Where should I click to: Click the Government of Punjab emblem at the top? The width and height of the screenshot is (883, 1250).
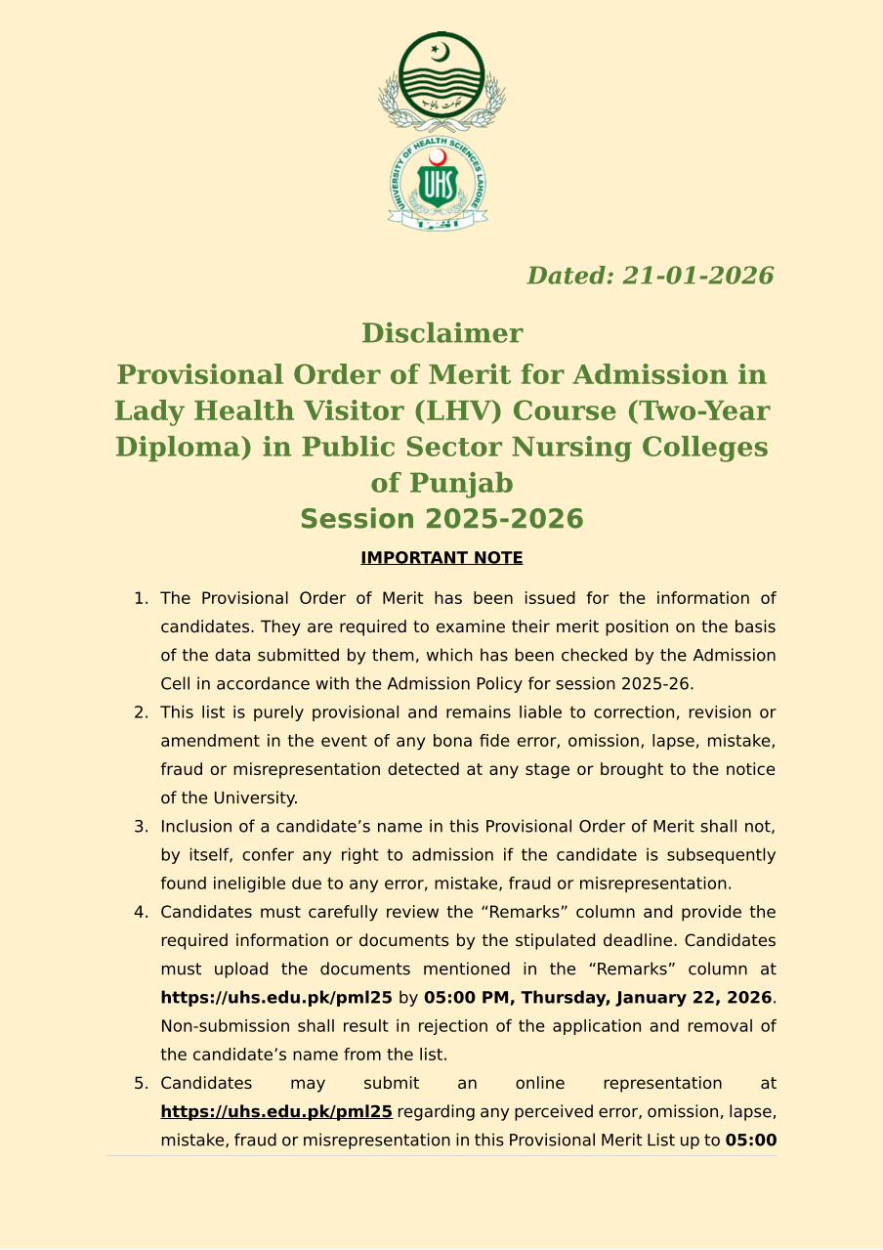click(441, 80)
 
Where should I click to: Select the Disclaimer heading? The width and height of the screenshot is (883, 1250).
click(441, 333)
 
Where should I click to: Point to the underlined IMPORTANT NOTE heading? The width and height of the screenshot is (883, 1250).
click(441, 558)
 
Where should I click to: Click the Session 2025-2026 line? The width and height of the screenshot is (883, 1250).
click(441, 519)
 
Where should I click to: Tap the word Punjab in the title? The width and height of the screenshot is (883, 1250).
click(462, 483)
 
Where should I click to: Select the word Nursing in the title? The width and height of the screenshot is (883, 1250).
click(583, 447)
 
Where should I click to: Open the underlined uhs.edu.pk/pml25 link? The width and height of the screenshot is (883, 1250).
click(276, 1111)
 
